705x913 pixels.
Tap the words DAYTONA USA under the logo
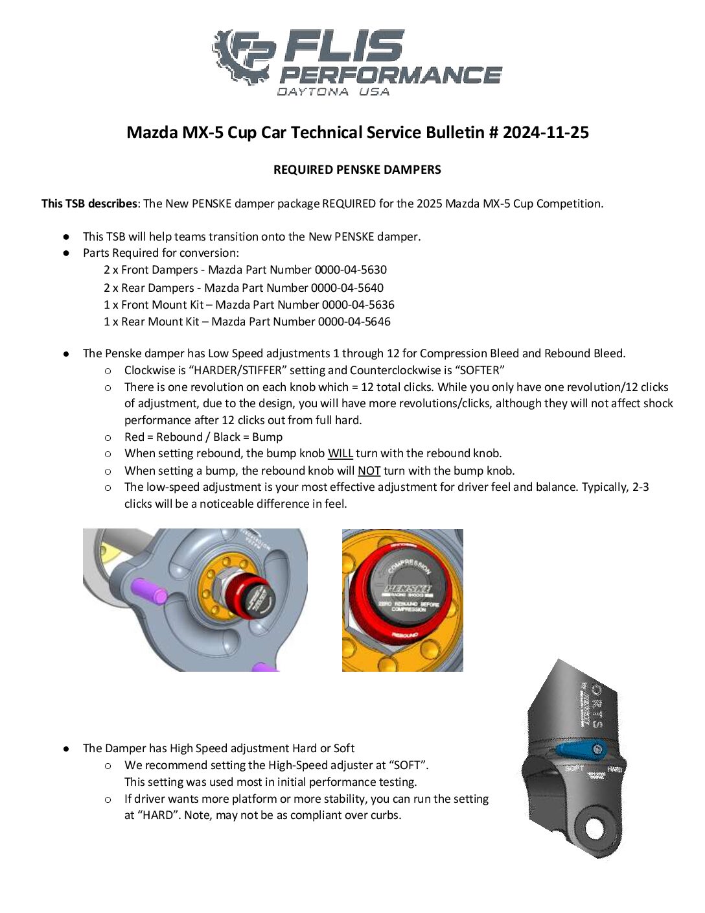[333, 92]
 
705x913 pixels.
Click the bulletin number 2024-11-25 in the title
[546, 133]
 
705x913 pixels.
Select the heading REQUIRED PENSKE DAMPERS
[357, 170]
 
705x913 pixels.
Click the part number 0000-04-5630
[351, 270]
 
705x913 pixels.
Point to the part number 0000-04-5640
[347, 288]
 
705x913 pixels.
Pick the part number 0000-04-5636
[358, 305]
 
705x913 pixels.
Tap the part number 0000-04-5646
[354, 322]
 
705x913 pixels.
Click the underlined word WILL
[340, 454]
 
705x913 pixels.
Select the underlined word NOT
[369, 471]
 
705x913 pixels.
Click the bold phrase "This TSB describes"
[89, 204]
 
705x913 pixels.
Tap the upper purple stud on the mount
[150, 591]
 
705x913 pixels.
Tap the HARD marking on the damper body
[615, 769]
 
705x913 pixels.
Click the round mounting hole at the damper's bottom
[595, 828]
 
